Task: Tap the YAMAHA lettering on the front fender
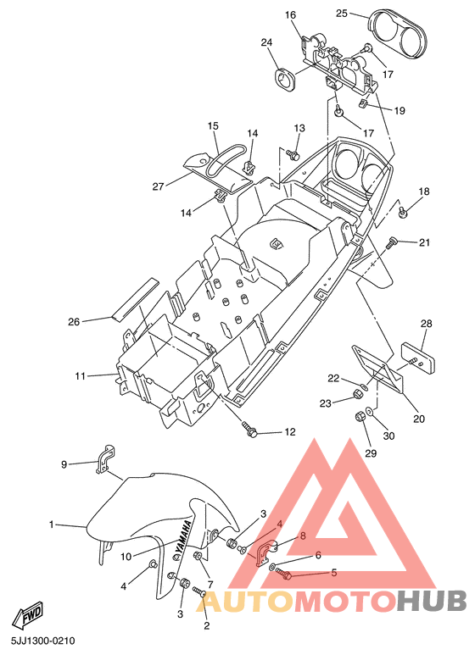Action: (182, 539)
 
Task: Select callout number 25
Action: (342, 14)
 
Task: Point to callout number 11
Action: (80, 376)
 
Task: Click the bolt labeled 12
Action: (249, 430)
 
